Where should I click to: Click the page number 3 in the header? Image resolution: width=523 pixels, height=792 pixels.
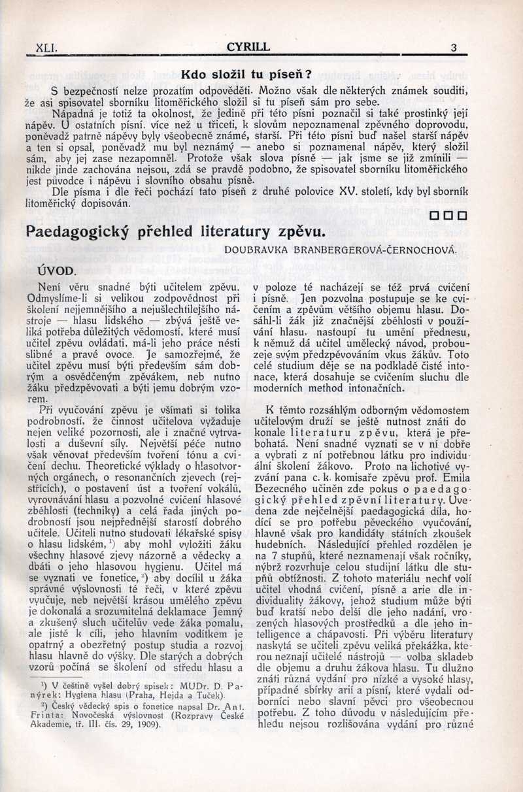tap(453, 48)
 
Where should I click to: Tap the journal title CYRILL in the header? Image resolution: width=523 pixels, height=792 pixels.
tap(248, 47)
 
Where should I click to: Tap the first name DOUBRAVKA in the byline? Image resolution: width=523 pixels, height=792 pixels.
tap(254, 250)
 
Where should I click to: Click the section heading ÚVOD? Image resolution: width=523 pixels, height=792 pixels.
tap(57, 269)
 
